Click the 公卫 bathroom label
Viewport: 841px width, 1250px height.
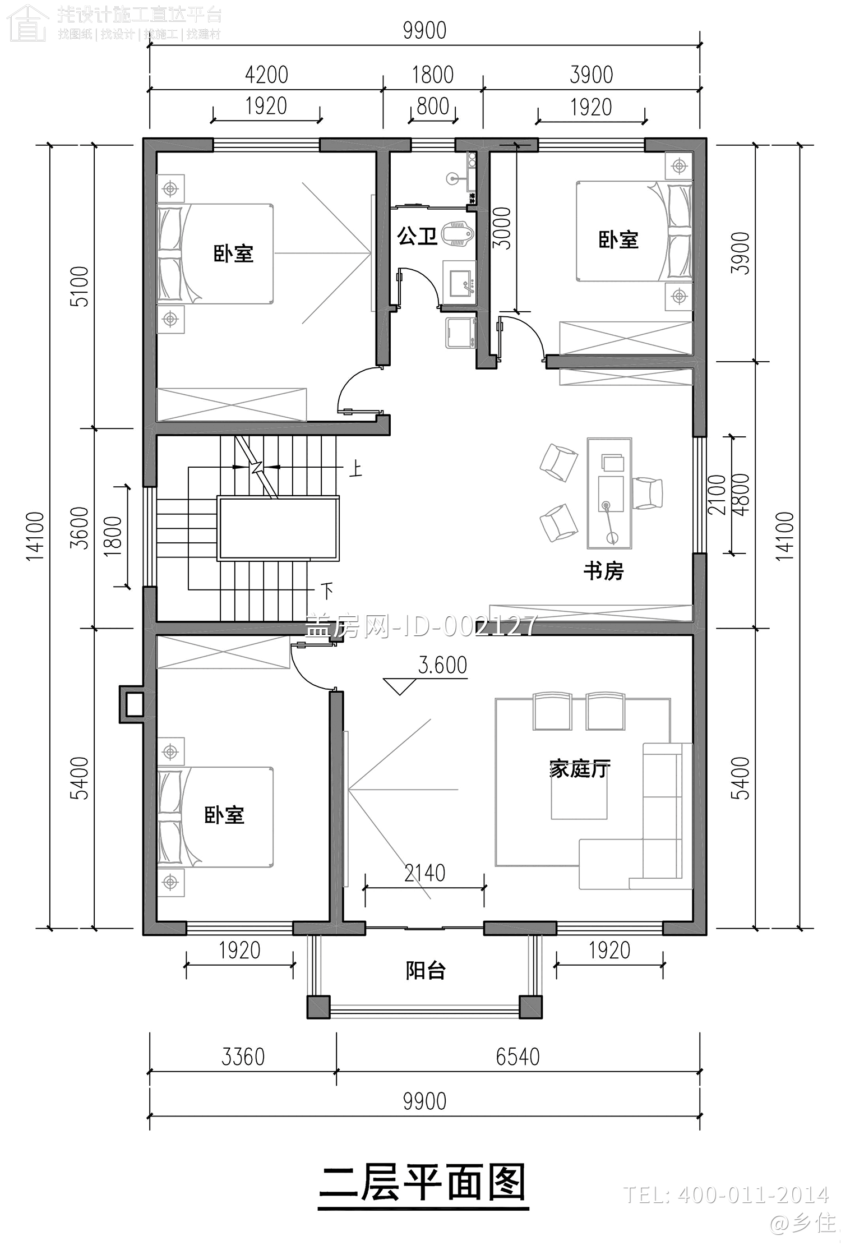417,236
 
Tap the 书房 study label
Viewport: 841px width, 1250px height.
603,571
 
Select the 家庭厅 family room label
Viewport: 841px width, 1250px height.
579,769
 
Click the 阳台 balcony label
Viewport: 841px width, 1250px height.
426,970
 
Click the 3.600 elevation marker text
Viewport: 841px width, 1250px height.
442,665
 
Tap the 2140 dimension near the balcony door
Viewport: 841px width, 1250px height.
424,873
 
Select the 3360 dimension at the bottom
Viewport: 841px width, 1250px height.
243,1057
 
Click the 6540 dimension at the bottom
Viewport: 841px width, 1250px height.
517,1057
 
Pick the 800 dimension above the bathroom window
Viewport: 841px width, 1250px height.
433,106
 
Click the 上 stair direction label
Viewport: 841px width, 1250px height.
355,469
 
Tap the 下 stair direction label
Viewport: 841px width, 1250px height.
327,590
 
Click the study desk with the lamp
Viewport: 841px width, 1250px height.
609,493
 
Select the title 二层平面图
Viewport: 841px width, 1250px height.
423,1183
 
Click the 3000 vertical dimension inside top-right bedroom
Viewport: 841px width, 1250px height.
502,228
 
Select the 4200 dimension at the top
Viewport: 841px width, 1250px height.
266,75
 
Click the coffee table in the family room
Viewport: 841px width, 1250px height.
579,799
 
